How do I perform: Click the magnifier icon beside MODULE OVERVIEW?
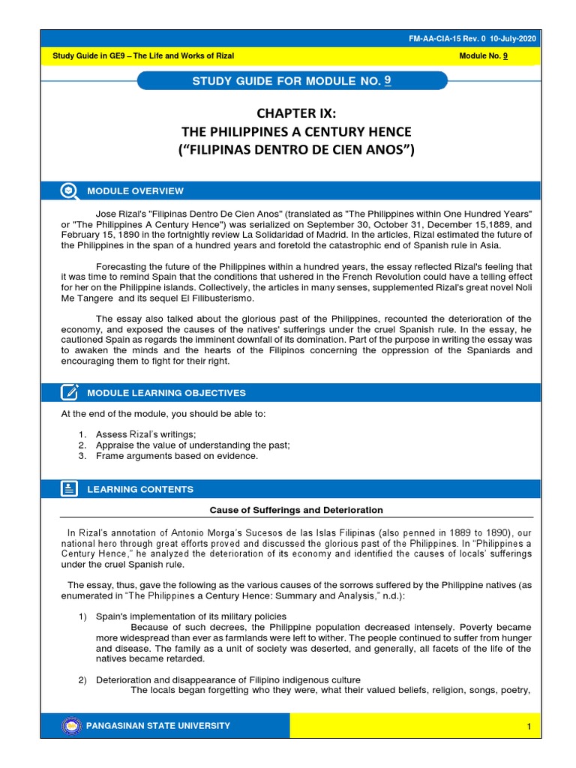coord(69,190)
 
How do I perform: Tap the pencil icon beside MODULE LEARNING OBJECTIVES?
coord(69,392)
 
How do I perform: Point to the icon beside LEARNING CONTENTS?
coord(69,489)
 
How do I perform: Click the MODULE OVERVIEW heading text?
coord(135,191)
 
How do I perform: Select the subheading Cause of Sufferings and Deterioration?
coord(296,510)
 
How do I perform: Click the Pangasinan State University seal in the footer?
coord(70,726)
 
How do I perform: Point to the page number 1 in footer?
coord(529,727)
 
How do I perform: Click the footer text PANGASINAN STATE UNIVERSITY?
coord(158,726)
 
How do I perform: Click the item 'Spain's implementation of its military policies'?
coord(190,616)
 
